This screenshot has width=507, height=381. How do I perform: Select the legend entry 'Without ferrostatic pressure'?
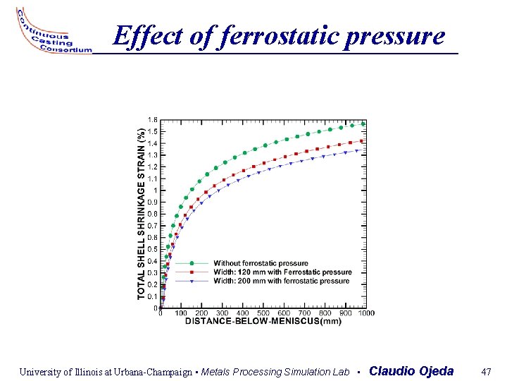(x=261, y=263)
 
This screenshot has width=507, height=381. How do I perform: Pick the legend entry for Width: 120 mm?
(x=282, y=272)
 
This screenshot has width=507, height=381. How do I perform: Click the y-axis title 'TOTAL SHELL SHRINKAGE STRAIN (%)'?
(x=141, y=212)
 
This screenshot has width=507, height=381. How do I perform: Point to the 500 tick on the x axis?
(x=263, y=313)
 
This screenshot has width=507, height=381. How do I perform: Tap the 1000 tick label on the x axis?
(x=365, y=313)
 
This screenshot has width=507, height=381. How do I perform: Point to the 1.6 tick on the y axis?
(x=152, y=119)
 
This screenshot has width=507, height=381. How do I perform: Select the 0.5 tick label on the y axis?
(x=152, y=249)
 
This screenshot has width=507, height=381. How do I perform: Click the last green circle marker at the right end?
(x=363, y=124)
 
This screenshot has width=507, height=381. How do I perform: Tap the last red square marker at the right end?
(x=363, y=140)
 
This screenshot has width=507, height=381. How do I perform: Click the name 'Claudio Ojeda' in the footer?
(x=411, y=371)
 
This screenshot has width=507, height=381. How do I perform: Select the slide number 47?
(x=485, y=371)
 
